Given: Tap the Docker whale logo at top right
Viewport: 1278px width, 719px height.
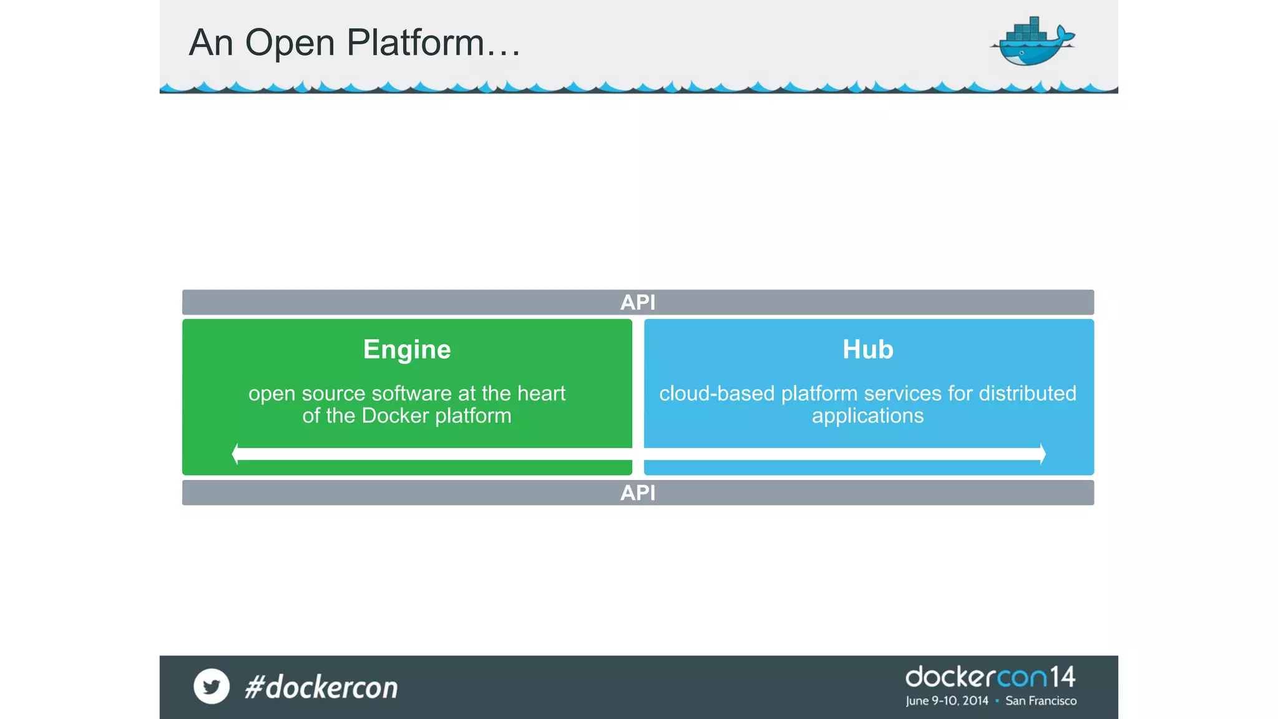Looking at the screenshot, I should pyautogui.click(x=1033, y=42).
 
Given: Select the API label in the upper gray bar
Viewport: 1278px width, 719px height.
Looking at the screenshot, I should pyautogui.click(x=638, y=303).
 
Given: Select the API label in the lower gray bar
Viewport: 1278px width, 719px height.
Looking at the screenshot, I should pyautogui.click(x=638, y=493).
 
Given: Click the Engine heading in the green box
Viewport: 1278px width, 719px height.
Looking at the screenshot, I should pyautogui.click(x=407, y=350).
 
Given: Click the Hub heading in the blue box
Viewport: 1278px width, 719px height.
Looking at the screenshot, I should pyautogui.click(x=868, y=350).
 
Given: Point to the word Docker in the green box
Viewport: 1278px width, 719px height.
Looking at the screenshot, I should pyautogui.click(x=395, y=416).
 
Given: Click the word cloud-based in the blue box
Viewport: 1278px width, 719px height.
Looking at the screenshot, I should pyautogui.click(x=716, y=394).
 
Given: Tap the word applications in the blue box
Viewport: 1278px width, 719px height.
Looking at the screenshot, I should pyautogui.click(x=867, y=416).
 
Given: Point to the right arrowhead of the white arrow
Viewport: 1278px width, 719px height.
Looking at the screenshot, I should pyautogui.click(x=1042, y=454).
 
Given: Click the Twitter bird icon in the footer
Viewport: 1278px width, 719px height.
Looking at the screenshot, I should pyautogui.click(x=212, y=687).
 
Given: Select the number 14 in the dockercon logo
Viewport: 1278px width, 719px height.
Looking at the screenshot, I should pyautogui.click(x=1062, y=677).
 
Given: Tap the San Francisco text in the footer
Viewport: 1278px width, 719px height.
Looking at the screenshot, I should pyautogui.click(x=1041, y=701).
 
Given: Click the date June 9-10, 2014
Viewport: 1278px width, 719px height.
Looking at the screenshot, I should pyautogui.click(x=947, y=701).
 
